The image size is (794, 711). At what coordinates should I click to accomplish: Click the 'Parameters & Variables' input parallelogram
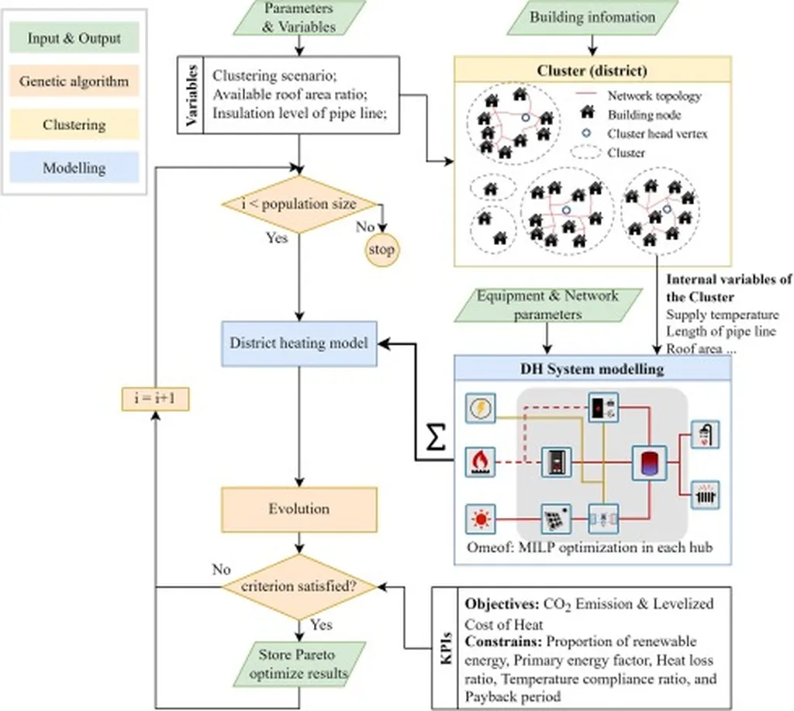[x=299, y=18]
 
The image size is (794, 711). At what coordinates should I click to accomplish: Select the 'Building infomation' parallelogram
[x=591, y=17]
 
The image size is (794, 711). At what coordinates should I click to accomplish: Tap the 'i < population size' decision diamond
[x=299, y=204]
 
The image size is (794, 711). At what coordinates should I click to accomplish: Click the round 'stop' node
[x=381, y=250]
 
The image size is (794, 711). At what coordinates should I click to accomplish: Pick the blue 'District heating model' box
[x=299, y=343]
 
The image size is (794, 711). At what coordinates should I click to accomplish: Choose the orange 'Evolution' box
[x=299, y=509]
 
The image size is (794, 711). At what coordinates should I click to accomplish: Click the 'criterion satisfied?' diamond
[x=299, y=587]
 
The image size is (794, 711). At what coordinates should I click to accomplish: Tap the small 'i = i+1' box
[x=156, y=399]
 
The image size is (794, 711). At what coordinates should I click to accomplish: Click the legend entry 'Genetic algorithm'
[x=75, y=81]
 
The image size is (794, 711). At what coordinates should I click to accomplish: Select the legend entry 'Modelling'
[x=75, y=167]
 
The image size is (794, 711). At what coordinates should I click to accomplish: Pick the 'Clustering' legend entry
[x=75, y=124]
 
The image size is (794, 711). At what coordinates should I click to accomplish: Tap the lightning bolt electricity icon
[x=480, y=408]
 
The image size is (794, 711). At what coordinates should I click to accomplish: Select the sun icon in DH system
[x=480, y=518]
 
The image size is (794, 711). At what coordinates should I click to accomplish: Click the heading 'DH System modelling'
[x=591, y=369]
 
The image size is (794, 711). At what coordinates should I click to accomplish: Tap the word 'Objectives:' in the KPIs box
[x=496, y=603]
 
